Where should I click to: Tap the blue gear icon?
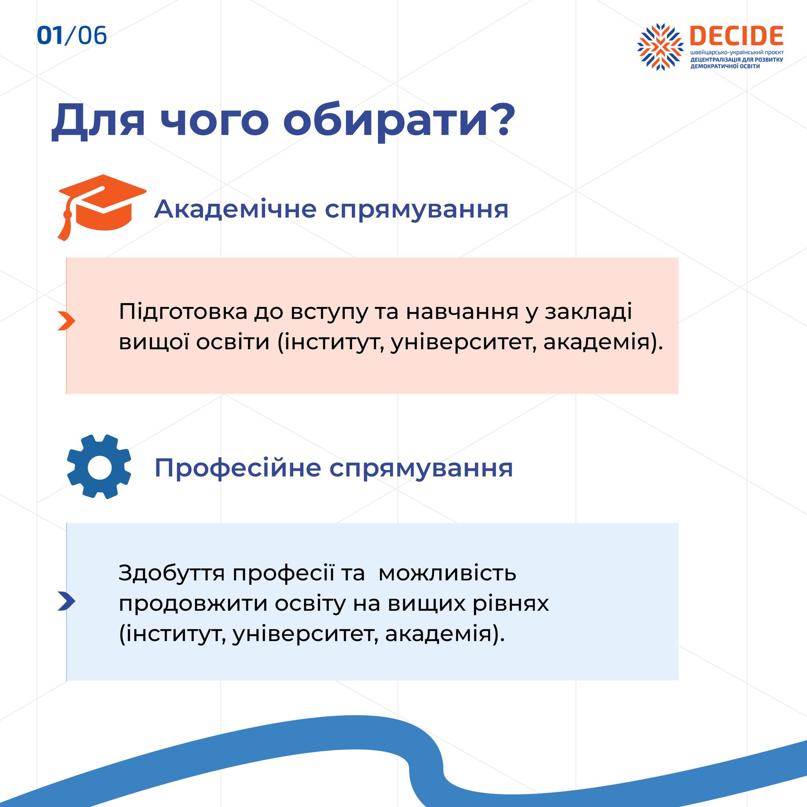coord(99,467)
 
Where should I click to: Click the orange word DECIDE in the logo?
coord(736,36)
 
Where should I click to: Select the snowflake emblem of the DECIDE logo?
coord(660,47)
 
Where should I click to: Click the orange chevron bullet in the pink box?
coord(67,321)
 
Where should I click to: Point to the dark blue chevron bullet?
coord(67,601)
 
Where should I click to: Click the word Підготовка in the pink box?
coord(183,312)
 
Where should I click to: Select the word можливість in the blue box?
coord(447,573)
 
